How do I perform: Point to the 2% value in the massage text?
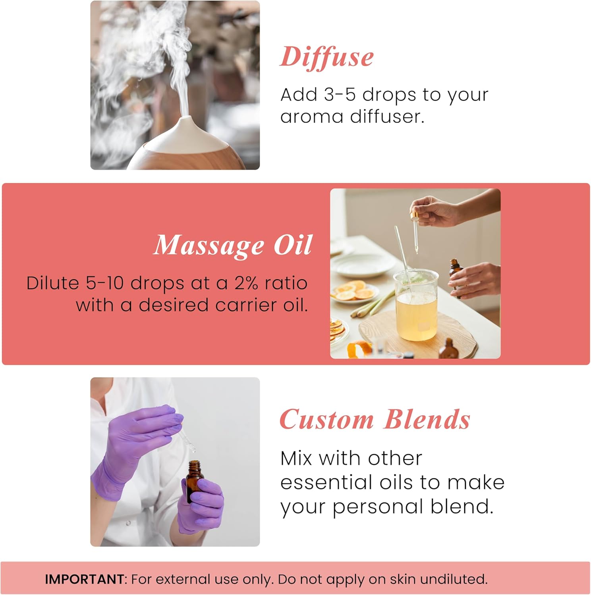247,284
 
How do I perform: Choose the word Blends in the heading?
427,420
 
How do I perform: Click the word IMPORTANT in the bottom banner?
84,579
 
